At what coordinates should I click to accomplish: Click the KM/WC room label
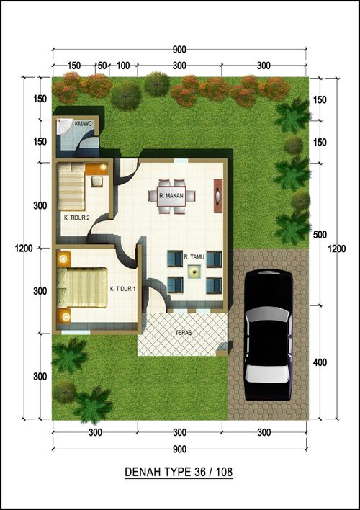pos(84,124)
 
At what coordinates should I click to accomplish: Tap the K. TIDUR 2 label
pos(77,218)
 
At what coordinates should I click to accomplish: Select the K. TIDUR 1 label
pos(122,289)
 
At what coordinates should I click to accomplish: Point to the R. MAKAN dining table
pos(171,196)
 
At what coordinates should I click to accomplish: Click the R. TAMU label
pos(194,257)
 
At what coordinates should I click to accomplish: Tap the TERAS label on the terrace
pos(184,333)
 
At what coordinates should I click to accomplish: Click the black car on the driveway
pos(269,335)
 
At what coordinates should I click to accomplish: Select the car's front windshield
pos(268,316)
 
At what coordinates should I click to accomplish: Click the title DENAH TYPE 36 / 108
pos(179,472)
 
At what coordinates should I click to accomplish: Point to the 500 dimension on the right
pos(320,235)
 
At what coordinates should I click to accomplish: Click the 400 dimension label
pos(320,362)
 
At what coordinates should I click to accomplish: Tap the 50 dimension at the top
pos(102,66)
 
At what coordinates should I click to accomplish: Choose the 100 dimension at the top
pos(123,66)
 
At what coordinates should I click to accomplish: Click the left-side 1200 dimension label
pos(24,249)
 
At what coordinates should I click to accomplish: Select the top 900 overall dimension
pos(179,50)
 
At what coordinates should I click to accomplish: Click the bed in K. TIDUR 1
pos(82,287)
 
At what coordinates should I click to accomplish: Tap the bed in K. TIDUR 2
pos(71,187)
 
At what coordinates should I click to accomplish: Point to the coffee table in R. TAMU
pos(194,272)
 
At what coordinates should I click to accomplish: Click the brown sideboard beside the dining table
pos(218,196)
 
